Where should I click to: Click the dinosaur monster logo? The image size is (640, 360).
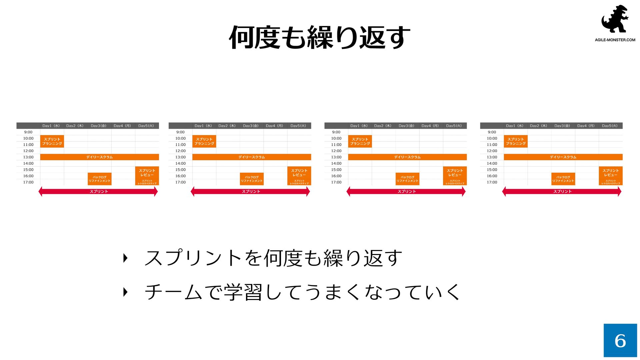tap(615, 19)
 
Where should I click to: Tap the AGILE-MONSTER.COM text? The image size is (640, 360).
tap(615, 40)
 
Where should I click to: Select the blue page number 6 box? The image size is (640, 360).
tap(620, 340)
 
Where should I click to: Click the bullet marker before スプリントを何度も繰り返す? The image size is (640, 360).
tap(125, 258)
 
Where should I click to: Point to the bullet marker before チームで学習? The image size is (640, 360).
tap(125, 292)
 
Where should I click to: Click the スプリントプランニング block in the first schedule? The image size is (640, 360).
tap(52, 141)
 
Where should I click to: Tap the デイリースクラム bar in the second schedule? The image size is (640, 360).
tap(252, 157)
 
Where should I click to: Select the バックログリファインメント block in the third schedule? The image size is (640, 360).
tap(407, 179)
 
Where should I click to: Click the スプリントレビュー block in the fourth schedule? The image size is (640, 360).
tap(611, 173)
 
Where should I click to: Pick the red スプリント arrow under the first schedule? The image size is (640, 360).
tap(98, 191)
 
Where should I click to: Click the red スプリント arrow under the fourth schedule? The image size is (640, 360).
tap(562, 191)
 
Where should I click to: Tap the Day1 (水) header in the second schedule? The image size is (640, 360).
tap(203, 126)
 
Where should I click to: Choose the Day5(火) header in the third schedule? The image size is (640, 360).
tap(454, 126)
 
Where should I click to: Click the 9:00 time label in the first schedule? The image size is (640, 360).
tap(28, 132)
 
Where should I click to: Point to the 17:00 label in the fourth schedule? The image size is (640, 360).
tap(492, 182)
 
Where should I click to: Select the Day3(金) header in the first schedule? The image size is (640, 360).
tap(99, 126)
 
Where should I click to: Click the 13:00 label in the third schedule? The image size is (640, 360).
tap(336, 157)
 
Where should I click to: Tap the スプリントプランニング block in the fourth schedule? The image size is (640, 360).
tap(516, 141)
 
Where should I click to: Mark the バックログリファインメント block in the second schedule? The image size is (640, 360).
tap(252, 179)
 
